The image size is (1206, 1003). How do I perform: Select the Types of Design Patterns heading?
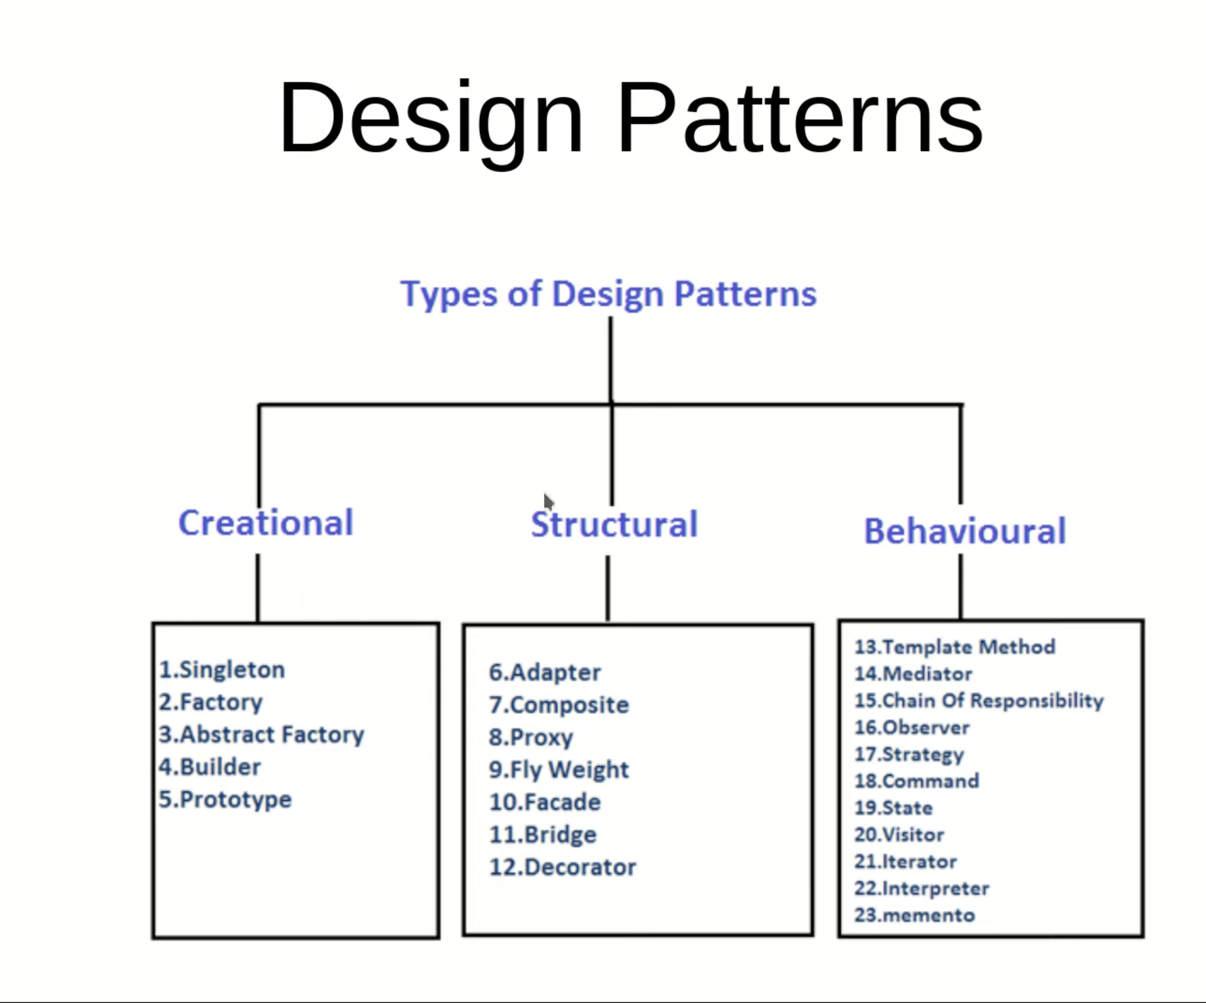tap(608, 294)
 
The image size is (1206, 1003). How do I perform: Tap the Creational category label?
tap(266, 523)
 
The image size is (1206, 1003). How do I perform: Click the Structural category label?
tap(614, 524)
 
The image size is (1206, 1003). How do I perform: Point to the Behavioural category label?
tap(965, 531)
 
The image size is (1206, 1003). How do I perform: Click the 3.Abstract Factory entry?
tap(261, 735)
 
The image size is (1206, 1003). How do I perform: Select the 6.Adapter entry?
tap(544, 672)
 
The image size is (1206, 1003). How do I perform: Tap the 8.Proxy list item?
tap(530, 737)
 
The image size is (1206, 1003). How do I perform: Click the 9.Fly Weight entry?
tap(559, 770)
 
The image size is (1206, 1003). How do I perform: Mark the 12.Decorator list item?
tap(562, 867)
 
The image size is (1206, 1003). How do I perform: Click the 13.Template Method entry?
tap(954, 647)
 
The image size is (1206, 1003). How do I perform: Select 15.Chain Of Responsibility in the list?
tap(979, 700)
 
